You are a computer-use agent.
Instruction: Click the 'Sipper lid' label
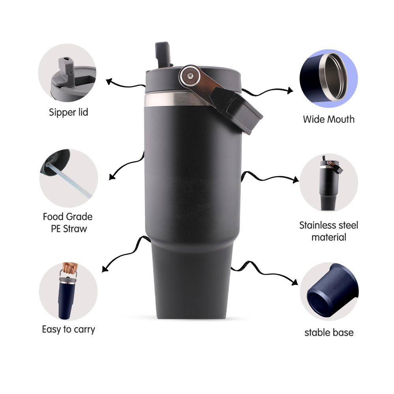[68, 112]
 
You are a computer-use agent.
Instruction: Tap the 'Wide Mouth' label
[329, 119]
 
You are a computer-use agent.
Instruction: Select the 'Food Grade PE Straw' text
[68, 223]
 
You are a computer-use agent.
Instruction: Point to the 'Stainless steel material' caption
[329, 231]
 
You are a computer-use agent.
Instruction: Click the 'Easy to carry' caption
[69, 329]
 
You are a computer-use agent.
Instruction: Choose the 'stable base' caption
[329, 333]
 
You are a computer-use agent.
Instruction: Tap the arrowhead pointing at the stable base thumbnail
[294, 282]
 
